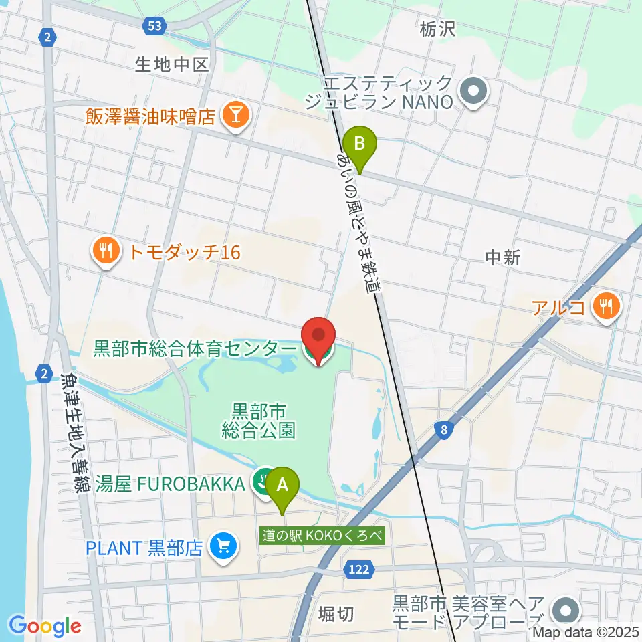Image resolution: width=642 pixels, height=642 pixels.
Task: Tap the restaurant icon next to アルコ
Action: tap(607, 307)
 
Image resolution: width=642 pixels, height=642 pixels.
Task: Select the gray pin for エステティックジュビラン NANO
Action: tap(474, 92)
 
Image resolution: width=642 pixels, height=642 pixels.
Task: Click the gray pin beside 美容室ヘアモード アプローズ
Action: tap(566, 610)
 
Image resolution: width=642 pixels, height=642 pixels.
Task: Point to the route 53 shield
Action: tap(154, 25)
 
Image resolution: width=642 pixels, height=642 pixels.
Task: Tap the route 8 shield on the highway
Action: tap(443, 432)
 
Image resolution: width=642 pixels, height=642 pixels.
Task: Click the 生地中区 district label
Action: tap(173, 64)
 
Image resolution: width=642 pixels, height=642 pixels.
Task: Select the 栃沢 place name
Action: tap(439, 29)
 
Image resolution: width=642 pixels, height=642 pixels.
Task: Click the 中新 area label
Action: tap(502, 258)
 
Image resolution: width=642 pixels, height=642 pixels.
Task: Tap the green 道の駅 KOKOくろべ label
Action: tap(322, 536)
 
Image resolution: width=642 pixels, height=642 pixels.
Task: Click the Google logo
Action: tap(45, 626)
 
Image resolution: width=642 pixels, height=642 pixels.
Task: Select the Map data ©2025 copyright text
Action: tap(585, 632)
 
